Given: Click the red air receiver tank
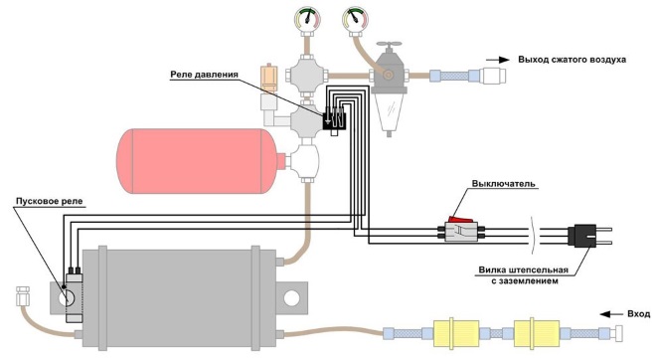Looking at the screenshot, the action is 201,161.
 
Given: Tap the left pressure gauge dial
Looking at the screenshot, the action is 307,19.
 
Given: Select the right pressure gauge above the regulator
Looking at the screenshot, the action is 355,19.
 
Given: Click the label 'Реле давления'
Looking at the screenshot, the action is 204,75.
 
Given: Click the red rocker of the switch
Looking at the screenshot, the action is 460,220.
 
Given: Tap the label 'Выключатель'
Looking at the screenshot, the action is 503,183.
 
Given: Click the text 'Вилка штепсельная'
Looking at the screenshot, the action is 524,270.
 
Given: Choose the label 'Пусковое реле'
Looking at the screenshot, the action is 50,201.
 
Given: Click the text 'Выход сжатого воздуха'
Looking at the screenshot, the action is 573,60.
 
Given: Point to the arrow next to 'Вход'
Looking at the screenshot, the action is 609,314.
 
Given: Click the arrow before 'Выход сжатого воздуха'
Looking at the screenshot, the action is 497,60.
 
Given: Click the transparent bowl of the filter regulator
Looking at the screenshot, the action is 389,111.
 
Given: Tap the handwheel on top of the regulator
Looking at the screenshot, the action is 389,44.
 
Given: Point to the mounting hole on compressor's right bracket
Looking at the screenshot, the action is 291,298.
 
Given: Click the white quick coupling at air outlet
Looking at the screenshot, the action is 493,76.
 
